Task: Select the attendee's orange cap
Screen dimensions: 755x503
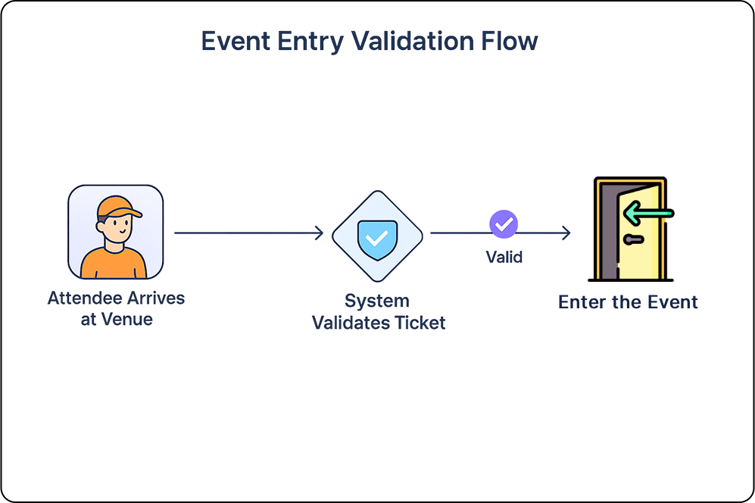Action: click(x=117, y=206)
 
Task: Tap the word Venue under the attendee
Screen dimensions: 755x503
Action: click(x=126, y=320)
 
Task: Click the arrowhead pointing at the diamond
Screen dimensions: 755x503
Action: click(x=319, y=233)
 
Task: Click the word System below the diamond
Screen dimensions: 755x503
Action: click(x=377, y=301)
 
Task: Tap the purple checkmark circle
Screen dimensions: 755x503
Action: click(x=504, y=224)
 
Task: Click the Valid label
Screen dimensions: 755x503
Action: click(x=504, y=257)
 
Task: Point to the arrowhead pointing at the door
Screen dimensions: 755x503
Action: click(x=566, y=233)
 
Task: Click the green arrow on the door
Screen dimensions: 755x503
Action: click(x=648, y=213)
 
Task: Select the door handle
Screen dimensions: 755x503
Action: click(x=632, y=239)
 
